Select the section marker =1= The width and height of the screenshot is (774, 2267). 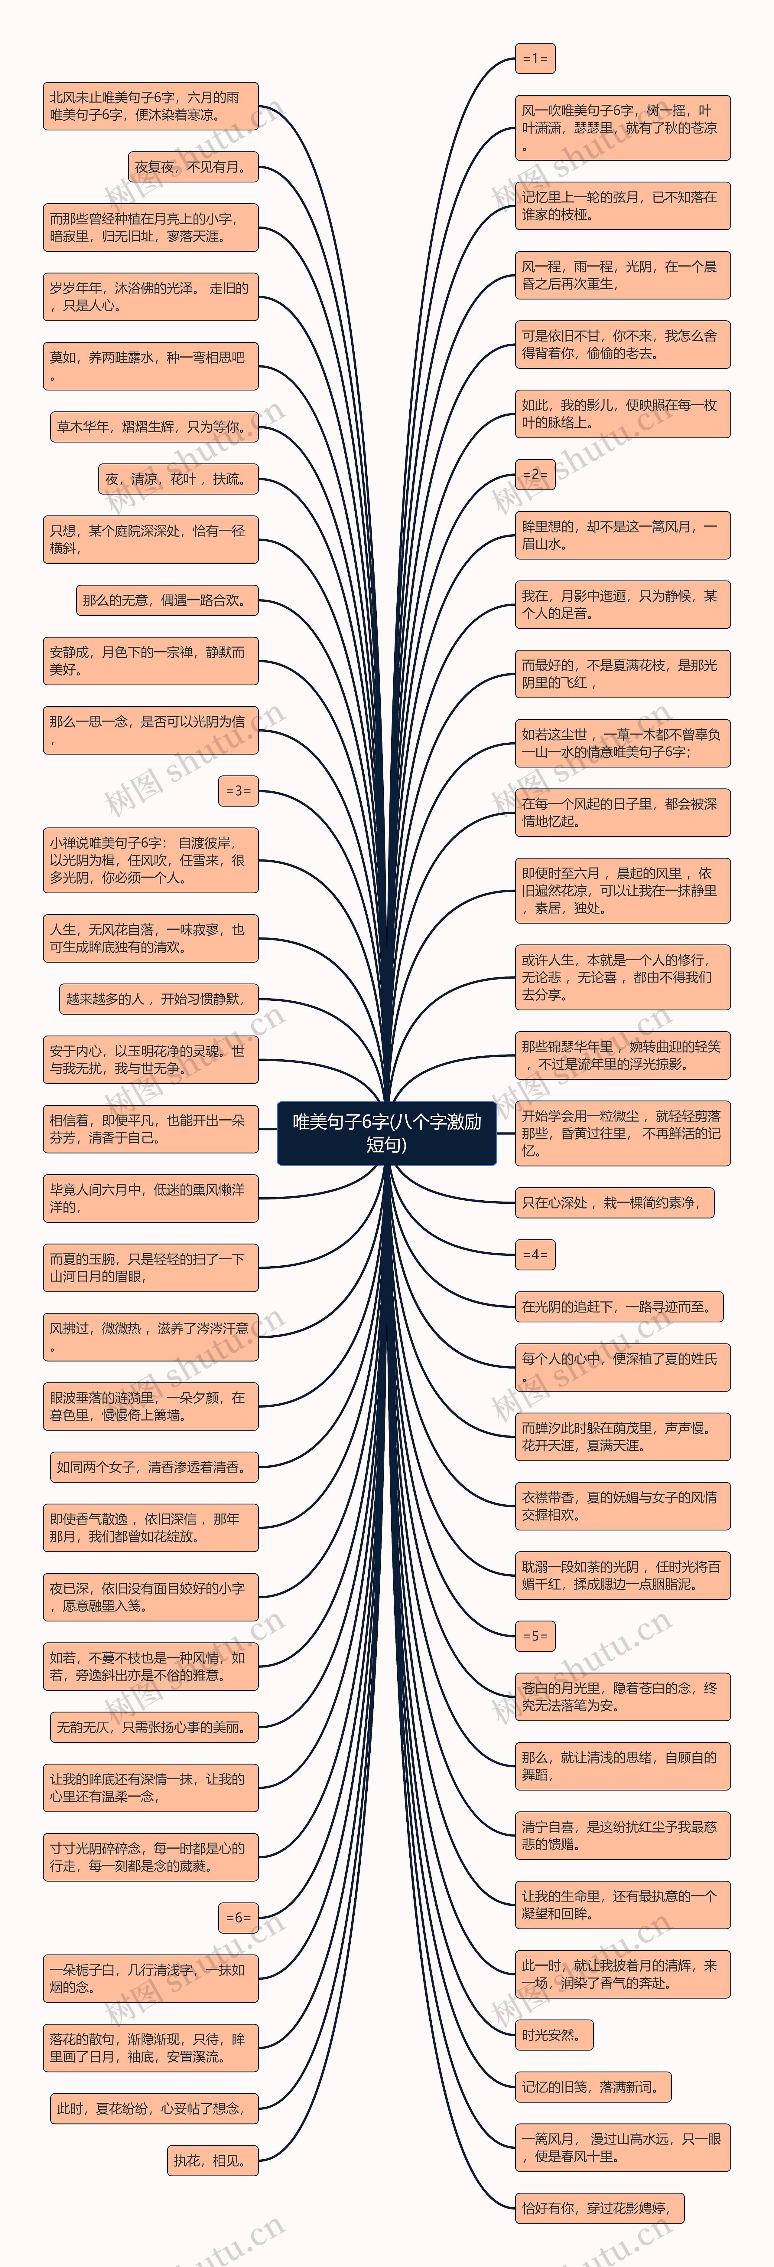535,59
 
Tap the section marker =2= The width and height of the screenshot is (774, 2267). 535,474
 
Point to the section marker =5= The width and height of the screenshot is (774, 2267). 535,1636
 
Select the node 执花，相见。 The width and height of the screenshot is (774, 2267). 212,2161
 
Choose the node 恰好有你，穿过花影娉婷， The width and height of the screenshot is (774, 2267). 598,2208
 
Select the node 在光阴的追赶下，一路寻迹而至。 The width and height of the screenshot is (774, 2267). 618,1307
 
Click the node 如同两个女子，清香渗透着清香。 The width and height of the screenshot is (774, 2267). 153,1467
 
